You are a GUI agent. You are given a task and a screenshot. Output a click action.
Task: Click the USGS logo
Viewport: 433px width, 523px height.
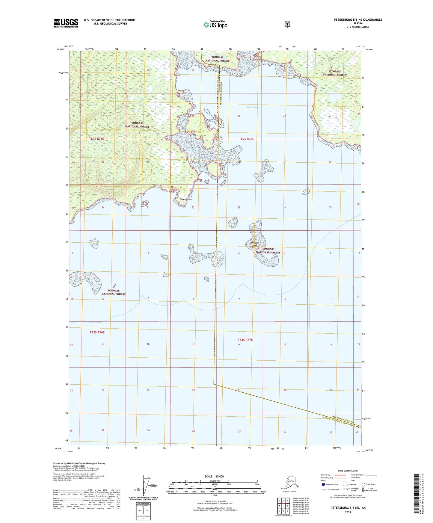[66, 23]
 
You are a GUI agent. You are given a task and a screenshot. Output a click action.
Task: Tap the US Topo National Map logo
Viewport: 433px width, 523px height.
[215, 24]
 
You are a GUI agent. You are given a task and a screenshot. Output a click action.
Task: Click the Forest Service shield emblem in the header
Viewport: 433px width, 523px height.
[287, 24]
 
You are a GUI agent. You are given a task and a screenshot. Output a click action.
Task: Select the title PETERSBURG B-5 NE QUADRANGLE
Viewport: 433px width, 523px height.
[358, 20]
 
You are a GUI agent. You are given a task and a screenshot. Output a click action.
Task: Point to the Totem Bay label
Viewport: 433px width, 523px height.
[252, 107]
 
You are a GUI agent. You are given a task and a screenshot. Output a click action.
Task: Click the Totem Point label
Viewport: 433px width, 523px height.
[186, 199]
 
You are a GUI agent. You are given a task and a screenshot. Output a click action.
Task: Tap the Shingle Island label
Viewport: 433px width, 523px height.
[254, 244]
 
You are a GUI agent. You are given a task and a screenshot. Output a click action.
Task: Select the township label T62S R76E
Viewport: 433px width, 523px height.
[96, 139]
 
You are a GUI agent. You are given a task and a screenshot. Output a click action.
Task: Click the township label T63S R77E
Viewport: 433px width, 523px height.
[245, 340]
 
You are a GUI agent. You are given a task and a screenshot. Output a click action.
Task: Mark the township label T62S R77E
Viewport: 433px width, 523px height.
[246, 139]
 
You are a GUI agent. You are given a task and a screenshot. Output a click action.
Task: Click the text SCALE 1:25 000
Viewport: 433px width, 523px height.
[214, 476]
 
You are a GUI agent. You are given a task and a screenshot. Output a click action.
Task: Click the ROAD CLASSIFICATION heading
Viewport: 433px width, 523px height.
[348, 471]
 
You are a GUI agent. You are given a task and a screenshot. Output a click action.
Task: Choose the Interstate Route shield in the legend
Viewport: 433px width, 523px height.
[323, 484]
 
